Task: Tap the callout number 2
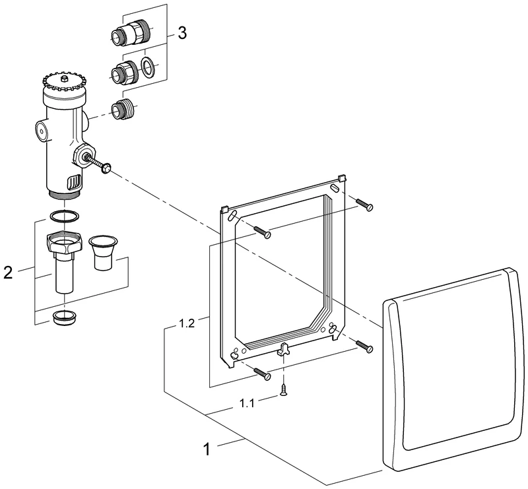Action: coord(8,271)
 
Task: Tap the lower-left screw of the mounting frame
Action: coord(262,374)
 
